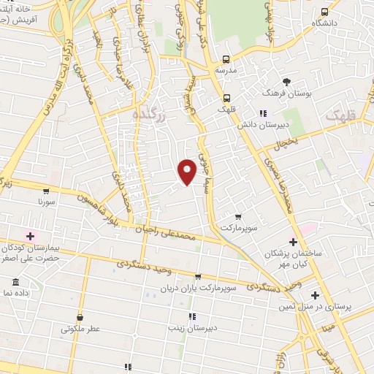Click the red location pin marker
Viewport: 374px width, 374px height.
coord(188,171)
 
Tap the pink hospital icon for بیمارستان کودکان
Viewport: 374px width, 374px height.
coord(31,235)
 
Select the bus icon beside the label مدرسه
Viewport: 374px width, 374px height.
coord(226,59)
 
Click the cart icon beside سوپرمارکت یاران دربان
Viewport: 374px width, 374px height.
coord(197,277)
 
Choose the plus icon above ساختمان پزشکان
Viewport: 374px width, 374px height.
coord(293,241)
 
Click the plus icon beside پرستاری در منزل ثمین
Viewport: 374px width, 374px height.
coord(315,296)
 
